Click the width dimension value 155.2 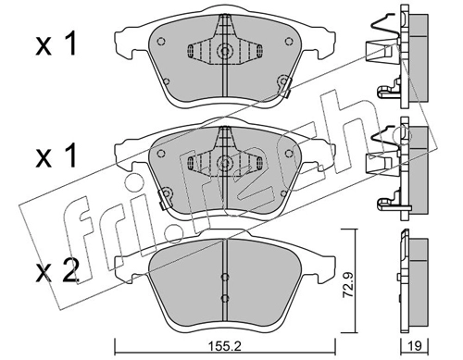[x=225, y=346]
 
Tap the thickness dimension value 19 [x=415, y=346]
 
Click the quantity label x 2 [x=56, y=273]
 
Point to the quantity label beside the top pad [x=56, y=45]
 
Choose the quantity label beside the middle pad [x=56, y=156]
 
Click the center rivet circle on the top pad [x=225, y=51]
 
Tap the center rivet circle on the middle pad [x=225, y=162]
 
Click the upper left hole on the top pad [x=160, y=41]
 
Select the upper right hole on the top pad [x=289, y=41]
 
